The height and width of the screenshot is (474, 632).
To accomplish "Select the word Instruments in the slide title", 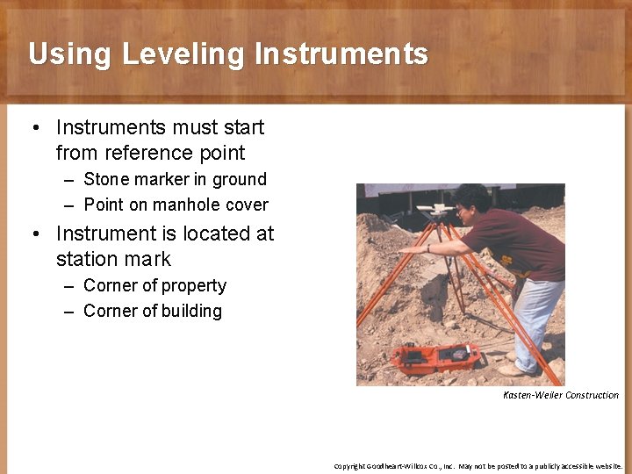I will [x=341, y=54].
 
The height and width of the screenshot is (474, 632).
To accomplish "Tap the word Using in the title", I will [x=71, y=54].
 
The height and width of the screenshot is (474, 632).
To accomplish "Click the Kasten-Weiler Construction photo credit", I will [x=560, y=395].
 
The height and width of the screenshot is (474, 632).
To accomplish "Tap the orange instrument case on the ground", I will [x=435, y=356].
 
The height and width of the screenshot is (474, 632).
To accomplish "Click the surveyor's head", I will [x=474, y=201].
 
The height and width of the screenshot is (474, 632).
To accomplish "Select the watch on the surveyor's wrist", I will [x=427, y=248].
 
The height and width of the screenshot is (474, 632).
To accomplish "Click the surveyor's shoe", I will [x=513, y=370].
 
